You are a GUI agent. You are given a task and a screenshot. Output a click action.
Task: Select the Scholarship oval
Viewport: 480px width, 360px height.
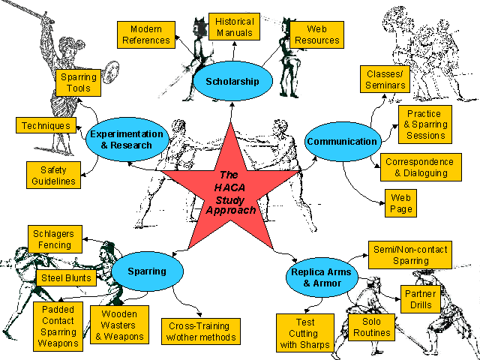pos(232,81)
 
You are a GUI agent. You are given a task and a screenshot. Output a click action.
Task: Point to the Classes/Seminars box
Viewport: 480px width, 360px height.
pos(386,79)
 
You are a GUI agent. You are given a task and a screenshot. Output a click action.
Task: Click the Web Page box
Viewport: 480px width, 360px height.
pos(401,203)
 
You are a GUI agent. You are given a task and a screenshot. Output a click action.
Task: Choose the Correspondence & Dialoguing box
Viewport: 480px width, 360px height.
pos(419,167)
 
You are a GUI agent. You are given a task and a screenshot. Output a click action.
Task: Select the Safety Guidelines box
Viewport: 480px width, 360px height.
pos(53,175)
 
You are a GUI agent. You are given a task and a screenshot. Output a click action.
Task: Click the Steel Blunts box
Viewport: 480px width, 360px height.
pos(66,278)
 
